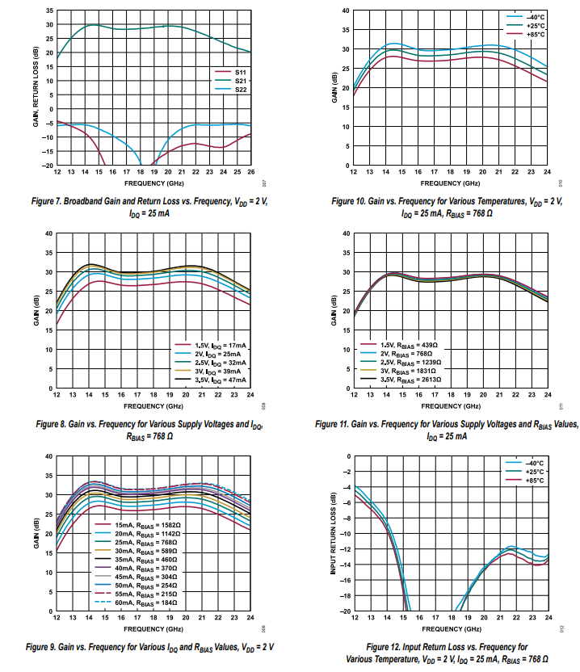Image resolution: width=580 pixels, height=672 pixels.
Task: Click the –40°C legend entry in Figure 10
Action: pos(534,16)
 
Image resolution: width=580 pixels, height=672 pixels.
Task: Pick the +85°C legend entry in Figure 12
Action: pos(534,481)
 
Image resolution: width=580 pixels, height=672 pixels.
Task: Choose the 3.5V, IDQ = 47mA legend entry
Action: pos(214,379)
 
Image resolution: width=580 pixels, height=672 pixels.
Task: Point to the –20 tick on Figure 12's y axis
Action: pos(347,611)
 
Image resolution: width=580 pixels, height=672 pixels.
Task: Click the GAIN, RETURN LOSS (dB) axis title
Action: pos(36,88)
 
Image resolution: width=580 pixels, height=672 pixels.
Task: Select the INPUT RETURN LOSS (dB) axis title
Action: pos(333,534)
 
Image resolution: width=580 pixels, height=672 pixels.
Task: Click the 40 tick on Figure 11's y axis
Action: pos(347,233)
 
